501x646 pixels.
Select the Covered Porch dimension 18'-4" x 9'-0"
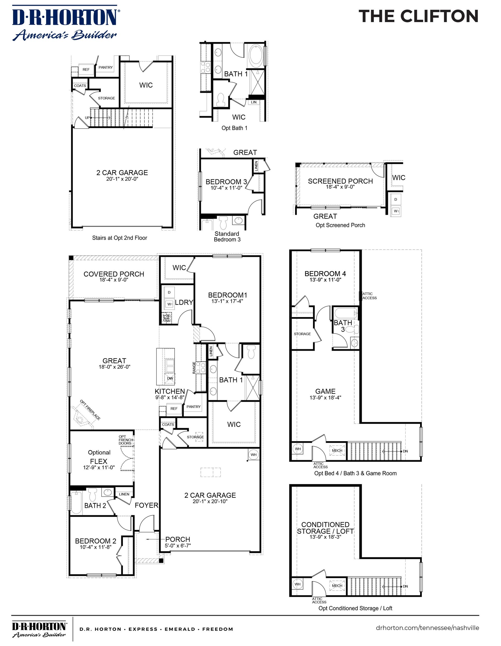pos(114,280)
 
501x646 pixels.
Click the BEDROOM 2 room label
pos(96,541)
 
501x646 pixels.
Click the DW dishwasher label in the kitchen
pos(170,378)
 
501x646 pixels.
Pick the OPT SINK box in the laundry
pos(166,318)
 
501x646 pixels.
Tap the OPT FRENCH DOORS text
pos(126,440)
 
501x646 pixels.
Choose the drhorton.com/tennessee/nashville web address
pos(427,628)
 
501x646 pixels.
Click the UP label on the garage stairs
pos(87,118)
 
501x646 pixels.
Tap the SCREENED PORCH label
pos(340,181)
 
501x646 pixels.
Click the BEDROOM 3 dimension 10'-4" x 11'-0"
pos(226,188)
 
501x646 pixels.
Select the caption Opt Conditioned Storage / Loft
pos(355,608)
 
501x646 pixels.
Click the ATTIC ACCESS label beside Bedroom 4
pos(369,296)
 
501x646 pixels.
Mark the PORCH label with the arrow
pos(178,539)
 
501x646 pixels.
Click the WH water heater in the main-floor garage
pos(254,455)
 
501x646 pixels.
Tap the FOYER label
pos(146,505)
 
